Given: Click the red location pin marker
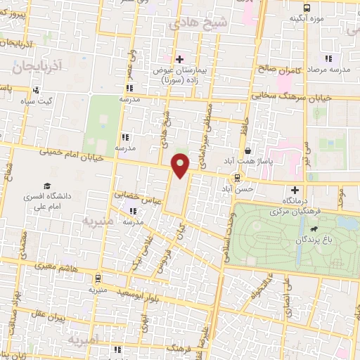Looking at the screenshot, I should click(x=181, y=165).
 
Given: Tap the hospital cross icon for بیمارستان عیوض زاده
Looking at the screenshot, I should click(x=179, y=58).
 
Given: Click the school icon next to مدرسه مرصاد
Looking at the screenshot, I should click(x=327, y=58).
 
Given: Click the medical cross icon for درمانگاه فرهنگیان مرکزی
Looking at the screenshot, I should click(x=295, y=190).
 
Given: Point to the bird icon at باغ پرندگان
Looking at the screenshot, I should click(x=311, y=229).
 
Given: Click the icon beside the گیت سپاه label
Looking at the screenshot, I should click(x=35, y=89).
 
